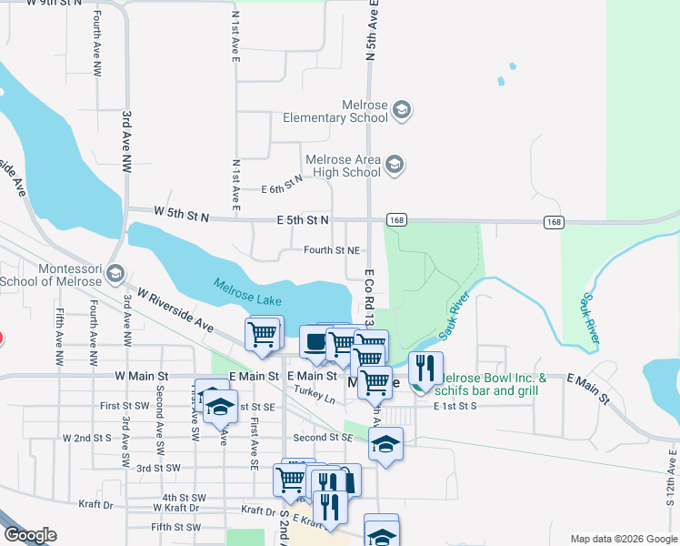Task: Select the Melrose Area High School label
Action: (x=343, y=165)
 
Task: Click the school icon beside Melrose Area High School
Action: (x=394, y=165)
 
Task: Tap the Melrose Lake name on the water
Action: (x=248, y=292)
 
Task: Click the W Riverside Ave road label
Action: (x=175, y=311)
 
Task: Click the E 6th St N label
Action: (x=281, y=186)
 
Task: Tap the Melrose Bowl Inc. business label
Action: (x=492, y=378)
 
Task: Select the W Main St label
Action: (x=143, y=375)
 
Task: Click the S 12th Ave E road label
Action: (x=671, y=478)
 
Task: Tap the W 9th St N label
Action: (x=57, y=4)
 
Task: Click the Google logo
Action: (x=29, y=535)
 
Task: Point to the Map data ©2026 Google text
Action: (x=623, y=539)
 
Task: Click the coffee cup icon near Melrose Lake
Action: (x=315, y=342)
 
